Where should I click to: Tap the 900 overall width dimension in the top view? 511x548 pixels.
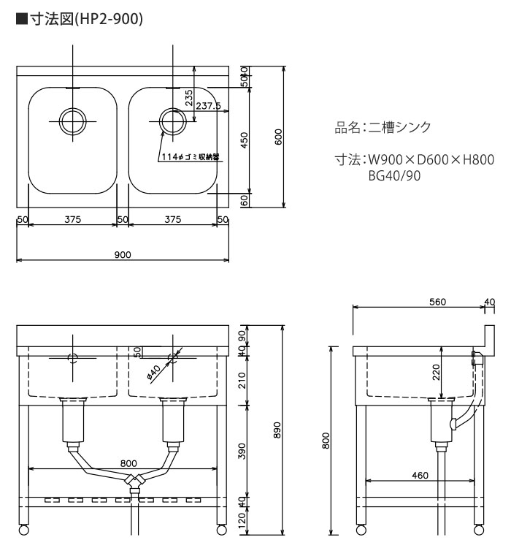tap(123, 254)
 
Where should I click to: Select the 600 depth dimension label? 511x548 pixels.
tap(278, 137)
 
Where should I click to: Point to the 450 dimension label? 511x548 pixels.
tap(244, 140)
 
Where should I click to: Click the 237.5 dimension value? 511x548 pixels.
tap(208, 105)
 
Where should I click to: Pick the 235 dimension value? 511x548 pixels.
tap(188, 98)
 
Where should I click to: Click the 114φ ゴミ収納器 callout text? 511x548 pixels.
tap(191, 157)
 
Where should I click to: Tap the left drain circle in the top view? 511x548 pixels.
tap(73, 121)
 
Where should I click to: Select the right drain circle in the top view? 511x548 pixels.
tap(172, 121)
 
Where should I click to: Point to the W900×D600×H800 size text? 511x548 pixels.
tap(431, 160)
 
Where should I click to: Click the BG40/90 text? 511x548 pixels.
tap(394, 175)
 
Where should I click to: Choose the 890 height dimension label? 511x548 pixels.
tap(277, 430)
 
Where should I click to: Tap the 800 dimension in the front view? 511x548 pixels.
tap(128, 463)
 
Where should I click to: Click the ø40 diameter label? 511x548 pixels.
tap(153, 372)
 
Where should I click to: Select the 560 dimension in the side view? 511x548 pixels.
tap(438, 302)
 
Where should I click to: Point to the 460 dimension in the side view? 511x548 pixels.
tap(420, 476)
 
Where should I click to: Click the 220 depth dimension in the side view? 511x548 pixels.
tap(436, 372)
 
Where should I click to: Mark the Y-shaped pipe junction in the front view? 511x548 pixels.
tap(134, 481)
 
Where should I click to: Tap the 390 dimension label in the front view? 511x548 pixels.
tap(242, 451)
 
